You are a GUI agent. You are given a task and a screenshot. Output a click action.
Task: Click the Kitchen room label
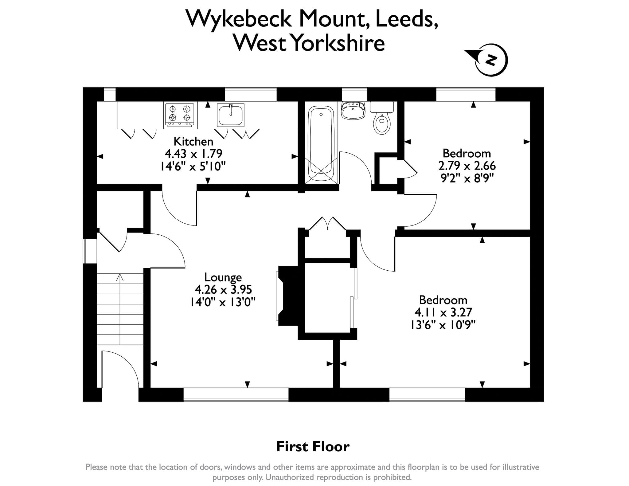coord(193,141)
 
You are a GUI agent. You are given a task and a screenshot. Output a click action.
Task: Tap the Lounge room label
coord(223,277)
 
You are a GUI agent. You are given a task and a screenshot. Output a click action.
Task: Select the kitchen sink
coord(230,115)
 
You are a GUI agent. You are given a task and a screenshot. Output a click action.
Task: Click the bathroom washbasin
coord(353,110)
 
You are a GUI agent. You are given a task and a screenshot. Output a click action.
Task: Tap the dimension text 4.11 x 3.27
coord(443,312)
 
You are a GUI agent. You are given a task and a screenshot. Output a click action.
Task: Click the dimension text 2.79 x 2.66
coord(467,166)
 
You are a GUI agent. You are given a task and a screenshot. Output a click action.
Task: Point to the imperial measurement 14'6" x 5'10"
coord(193,167)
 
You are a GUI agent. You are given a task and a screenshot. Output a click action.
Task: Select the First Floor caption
coord(313,447)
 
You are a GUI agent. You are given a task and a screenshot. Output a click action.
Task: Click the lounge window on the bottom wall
coord(236,394)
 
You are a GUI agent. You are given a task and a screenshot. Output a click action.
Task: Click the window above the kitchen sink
coord(251,94)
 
